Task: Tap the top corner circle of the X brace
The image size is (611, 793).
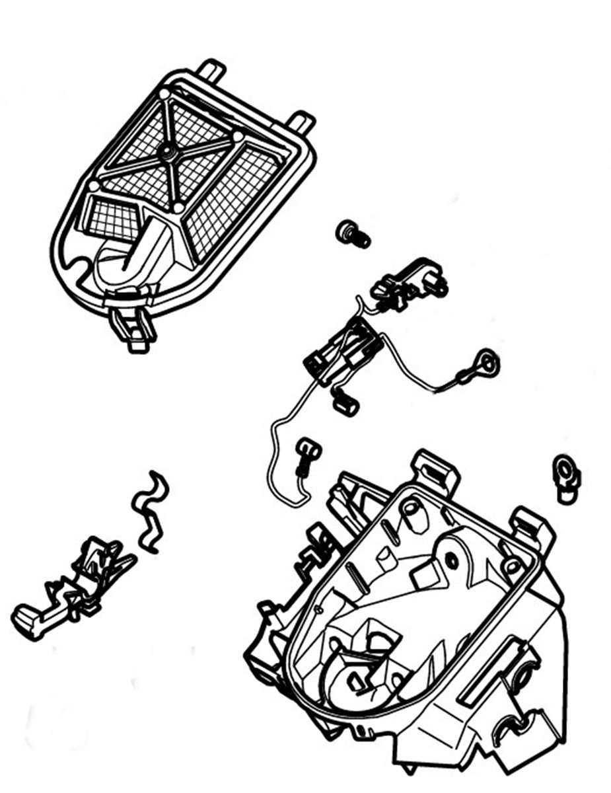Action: tap(163, 94)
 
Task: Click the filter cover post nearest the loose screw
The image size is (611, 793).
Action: tap(301, 123)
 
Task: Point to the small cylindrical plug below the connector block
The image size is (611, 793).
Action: tap(345, 402)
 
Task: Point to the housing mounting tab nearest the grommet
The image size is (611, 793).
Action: tap(533, 525)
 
